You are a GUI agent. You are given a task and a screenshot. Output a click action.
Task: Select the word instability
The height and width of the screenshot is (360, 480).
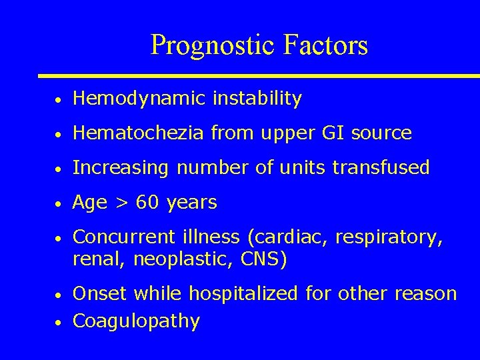pyautogui.click(x=257, y=99)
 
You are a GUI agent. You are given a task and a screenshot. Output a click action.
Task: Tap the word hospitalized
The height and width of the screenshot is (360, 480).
pyautogui.click(x=246, y=294)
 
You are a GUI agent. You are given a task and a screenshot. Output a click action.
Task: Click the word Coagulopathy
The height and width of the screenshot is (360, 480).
pyautogui.click(x=136, y=321)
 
